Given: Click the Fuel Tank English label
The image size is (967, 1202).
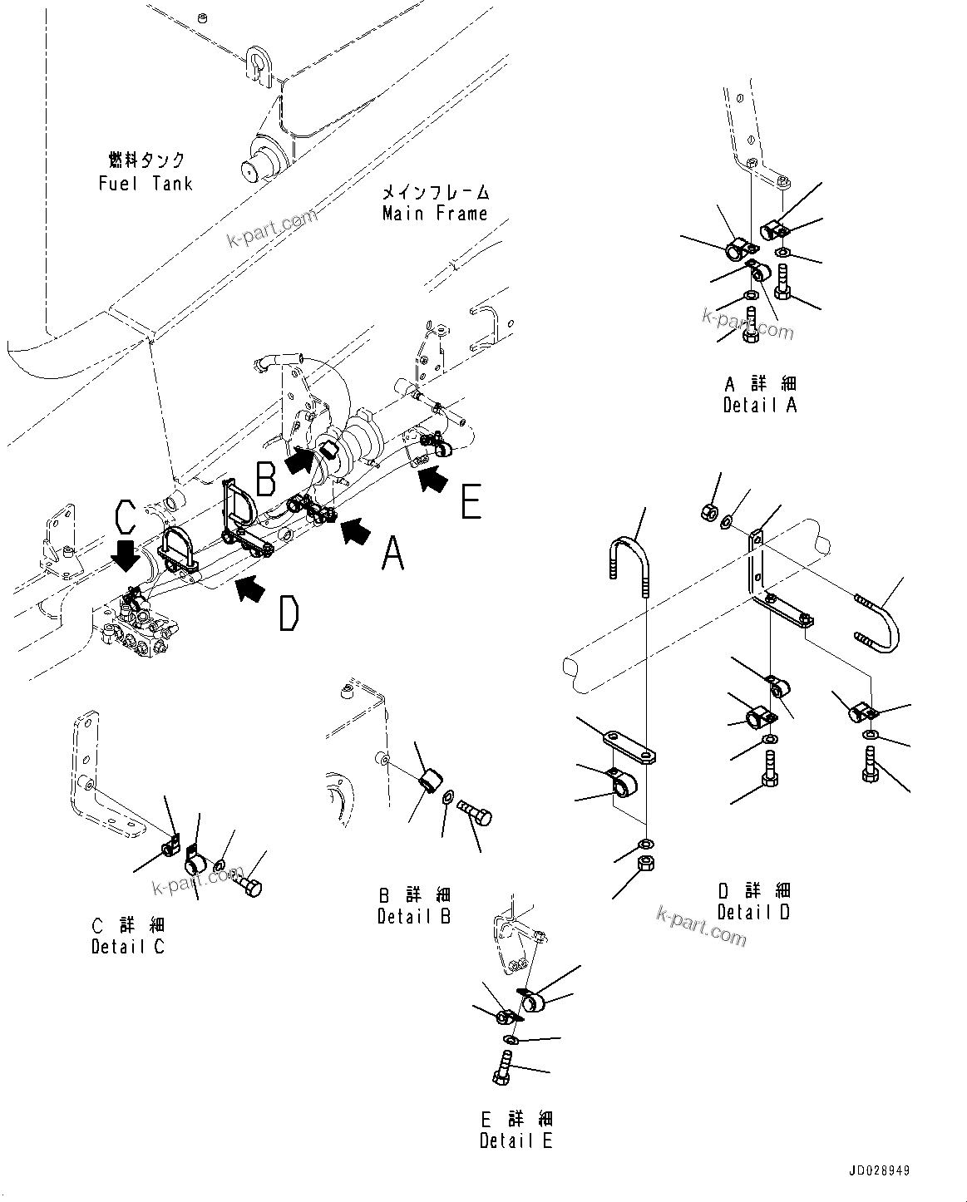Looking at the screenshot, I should (x=146, y=184).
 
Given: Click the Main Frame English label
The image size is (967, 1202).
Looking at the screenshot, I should (x=434, y=214).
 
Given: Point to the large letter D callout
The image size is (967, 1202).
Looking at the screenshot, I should (x=288, y=615).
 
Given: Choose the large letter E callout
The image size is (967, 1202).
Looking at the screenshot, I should (x=471, y=502).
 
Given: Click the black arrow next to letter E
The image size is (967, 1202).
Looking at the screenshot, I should (x=432, y=480).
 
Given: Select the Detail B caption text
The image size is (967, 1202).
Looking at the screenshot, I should (x=413, y=917).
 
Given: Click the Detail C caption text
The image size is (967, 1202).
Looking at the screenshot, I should (x=127, y=947).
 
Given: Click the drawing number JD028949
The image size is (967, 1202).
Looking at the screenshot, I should (x=880, y=1170).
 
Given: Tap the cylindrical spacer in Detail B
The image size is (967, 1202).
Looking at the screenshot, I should (x=430, y=782).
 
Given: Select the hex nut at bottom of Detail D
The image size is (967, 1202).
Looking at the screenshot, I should (x=645, y=865).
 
